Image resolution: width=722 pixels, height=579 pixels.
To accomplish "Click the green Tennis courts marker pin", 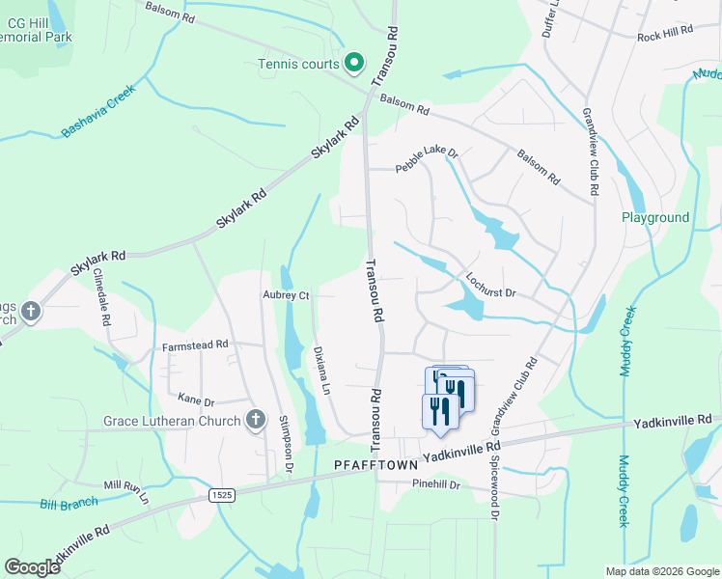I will tap(354, 64).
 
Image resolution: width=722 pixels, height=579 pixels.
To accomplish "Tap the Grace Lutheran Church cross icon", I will tap(256, 419).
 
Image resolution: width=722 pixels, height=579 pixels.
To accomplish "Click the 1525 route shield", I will tap(220, 494).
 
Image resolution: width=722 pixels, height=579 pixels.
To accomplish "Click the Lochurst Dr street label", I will tap(491, 285).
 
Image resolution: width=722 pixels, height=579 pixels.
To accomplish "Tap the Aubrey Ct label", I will tap(285, 295).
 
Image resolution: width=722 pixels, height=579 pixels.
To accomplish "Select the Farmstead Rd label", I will tap(195, 344).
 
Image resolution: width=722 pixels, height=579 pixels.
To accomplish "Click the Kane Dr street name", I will tap(195, 398).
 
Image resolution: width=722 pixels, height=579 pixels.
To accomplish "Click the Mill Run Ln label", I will tap(126, 492).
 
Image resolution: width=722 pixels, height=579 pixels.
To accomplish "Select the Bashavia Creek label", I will tap(97, 111).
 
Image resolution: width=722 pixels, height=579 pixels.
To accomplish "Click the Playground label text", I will tap(655, 218).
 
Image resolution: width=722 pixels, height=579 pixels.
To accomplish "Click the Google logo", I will tap(32, 567).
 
